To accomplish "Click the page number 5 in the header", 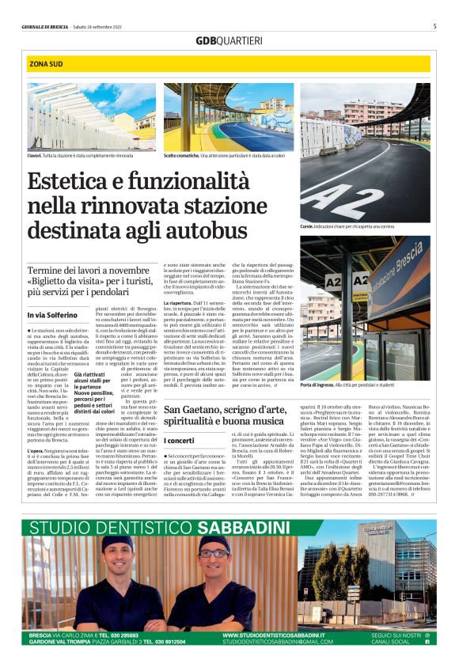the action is coord(434,26).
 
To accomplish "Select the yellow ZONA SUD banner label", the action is coord(47,63).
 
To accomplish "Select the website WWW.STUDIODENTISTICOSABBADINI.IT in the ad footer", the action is coord(274,635).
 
